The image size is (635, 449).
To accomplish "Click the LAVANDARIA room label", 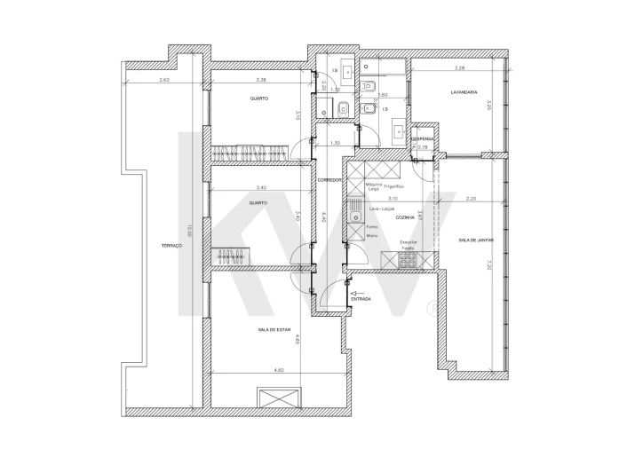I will pyautogui.click(x=464, y=91).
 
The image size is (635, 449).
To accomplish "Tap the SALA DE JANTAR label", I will pyautogui.click(x=476, y=240).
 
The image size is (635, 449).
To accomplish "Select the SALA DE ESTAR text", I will pyautogui.click(x=274, y=329).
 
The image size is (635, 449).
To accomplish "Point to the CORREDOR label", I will pyautogui.click(x=329, y=179).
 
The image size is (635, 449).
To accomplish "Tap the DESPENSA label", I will pyautogui.click(x=422, y=138).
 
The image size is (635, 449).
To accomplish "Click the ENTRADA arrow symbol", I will pyautogui.click(x=359, y=292).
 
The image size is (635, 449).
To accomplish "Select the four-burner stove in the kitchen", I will pyautogui.click(x=409, y=259).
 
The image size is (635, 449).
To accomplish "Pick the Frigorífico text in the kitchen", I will pyautogui.click(x=393, y=186).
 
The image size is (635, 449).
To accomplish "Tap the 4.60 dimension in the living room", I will pyautogui.click(x=279, y=369).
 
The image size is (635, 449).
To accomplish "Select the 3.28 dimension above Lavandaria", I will pyautogui.click(x=459, y=67).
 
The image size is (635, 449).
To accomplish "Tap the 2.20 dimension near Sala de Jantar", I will pyautogui.click(x=471, y=199).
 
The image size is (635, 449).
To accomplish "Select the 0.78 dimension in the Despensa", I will pyautogui.click(x=423, y=147).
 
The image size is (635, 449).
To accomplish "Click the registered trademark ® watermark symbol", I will pyautogui.click(x=430, y=309).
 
